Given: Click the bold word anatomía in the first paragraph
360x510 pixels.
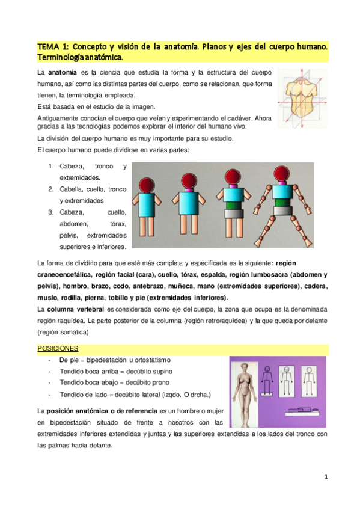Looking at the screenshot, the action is [x=62, y=73].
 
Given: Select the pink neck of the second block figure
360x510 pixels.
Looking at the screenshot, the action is [x=187, y=191].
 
